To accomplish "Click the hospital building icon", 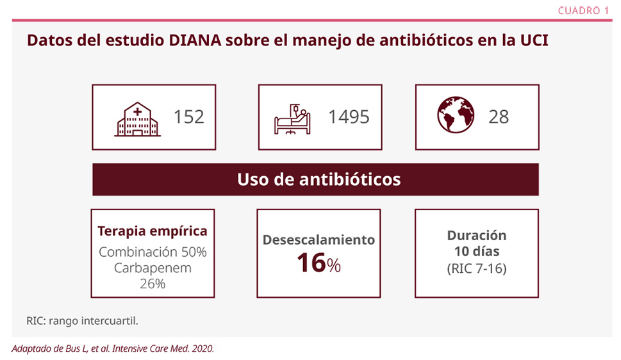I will tap(138, 117).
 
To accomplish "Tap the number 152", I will tap(189, 117).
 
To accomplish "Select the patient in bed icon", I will tap(292, 117).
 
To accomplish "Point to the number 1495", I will tap(349, 117).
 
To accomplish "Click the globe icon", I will tap(456, 115).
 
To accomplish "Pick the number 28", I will tap(499, 117).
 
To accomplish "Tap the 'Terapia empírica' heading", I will tap(153, 231).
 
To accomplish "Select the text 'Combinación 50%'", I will tap(153, 251).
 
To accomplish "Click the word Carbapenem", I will tap(153, 268).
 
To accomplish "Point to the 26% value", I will tap(153, 284).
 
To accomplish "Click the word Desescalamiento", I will tap(319, 240).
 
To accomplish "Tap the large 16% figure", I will tap(319, 263).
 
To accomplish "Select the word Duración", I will tap(476, 235).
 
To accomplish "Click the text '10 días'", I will tap(476, 251).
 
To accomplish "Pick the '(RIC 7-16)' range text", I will tap(476, 268).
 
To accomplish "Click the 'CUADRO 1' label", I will tap(583, 10).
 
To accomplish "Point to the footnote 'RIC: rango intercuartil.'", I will tap(82, 320).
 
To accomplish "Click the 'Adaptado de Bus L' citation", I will tap(112, 348).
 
